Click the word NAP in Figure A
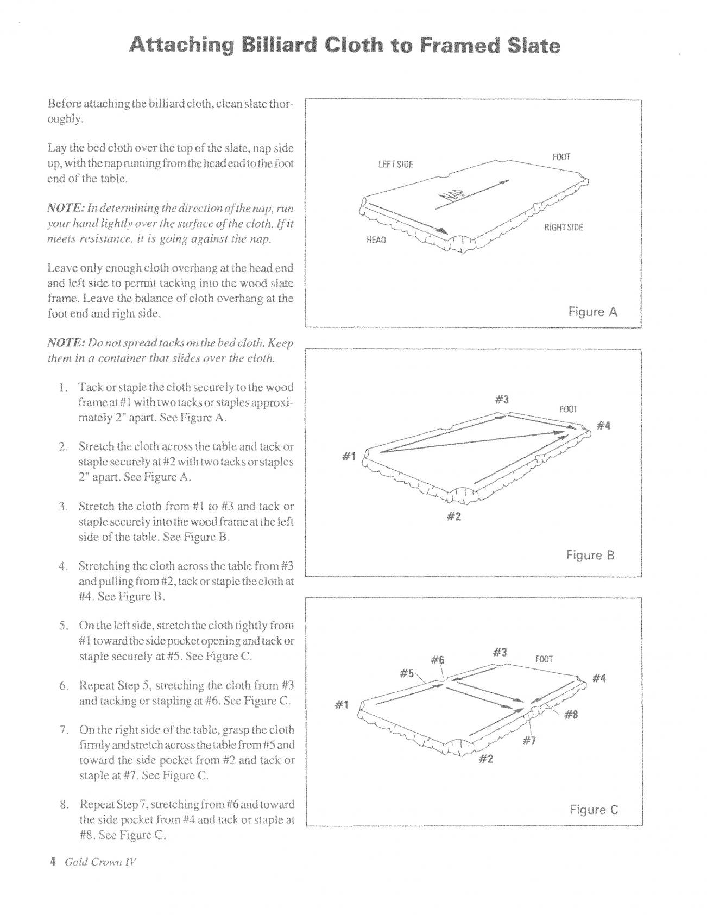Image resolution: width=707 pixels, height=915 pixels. coord(449,200)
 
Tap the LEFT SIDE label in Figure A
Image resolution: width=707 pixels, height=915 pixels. coord(395,165)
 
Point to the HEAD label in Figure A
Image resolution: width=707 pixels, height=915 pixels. coord(376,239)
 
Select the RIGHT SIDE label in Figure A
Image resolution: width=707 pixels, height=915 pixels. coord(564,228)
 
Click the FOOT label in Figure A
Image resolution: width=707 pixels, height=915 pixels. coord(561,157)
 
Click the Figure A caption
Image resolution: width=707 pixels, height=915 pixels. coord(592,312)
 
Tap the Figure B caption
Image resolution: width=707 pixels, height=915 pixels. coord(590,555)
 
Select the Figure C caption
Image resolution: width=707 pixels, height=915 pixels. coord(594,810)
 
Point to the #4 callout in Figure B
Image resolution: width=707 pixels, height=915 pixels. coord(603,426)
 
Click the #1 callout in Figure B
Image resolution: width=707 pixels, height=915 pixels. coord(349,457)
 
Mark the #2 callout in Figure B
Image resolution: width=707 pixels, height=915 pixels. coord(453,516)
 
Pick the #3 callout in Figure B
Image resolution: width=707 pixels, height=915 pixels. coord(502,400)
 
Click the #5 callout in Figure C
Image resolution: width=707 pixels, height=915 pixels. coord(407,673)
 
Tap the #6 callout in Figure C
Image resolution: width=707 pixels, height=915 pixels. coord(437,660)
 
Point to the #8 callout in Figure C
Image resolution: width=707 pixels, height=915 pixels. coord(571,715)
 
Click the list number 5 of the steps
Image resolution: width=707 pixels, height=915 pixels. coord(63,626)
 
